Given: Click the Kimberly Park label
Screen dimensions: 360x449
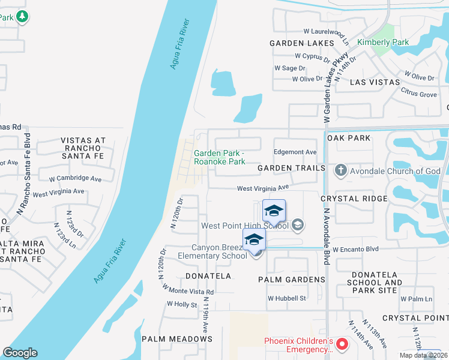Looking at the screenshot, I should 382,42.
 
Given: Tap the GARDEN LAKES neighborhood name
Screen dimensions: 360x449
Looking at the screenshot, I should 301,43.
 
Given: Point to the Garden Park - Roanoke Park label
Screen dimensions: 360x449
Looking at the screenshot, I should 219,157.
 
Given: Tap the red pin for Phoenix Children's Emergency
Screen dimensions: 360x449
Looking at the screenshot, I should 342,344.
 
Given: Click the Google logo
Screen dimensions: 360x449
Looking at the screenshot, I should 20,353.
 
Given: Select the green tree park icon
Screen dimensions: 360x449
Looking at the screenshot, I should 22,16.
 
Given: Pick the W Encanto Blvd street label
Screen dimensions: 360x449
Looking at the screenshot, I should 357,248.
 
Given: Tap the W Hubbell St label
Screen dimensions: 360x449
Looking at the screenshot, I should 287,298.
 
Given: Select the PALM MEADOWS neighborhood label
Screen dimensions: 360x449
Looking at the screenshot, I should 177,339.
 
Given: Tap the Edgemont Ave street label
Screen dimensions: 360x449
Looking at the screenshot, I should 295,152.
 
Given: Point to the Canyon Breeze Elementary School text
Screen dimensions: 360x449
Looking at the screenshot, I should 219,251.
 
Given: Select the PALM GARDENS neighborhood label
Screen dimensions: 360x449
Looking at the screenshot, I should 291,280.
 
